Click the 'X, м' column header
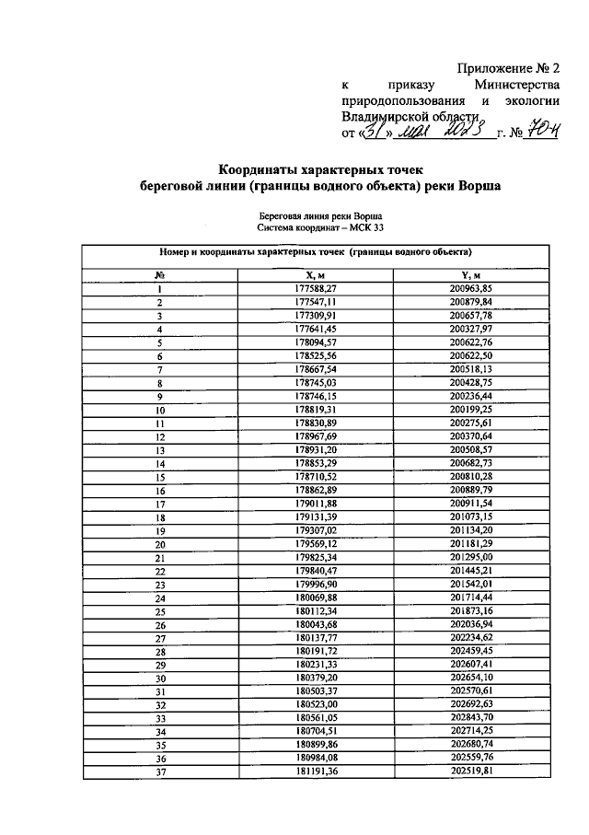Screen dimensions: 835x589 point(317,274)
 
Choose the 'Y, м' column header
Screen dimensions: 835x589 point(472,274)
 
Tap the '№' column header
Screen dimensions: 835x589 point(159,274)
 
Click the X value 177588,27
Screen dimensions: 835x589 point(317,289)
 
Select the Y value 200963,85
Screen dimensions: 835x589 point(472,289)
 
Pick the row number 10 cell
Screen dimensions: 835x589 point(159,410)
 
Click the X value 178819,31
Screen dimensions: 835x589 point(317,410)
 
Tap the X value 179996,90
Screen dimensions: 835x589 point(317,585)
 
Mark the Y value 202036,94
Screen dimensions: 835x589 point(472,624)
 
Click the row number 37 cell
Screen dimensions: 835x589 point(159,771)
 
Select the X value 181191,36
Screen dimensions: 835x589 point(317,771)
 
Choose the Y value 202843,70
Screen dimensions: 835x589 point(472,718)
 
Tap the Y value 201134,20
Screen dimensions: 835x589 point(472,531)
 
